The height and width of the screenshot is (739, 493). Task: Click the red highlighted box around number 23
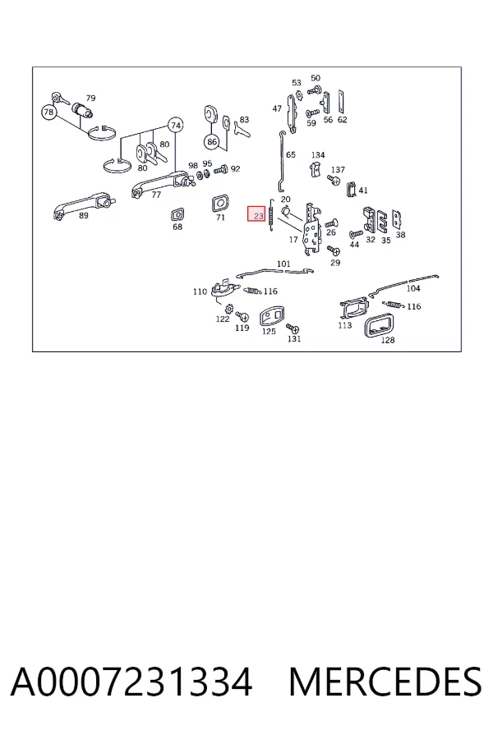(x=256, y=214)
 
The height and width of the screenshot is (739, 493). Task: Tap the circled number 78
(x=49, y=112)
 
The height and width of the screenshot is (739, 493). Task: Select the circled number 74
(x=176, y=126)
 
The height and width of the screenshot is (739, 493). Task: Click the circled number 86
(x=212, y=141)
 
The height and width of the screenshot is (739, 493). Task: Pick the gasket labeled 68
(x=177, y=214)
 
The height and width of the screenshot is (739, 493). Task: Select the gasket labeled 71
(x=220, y=203)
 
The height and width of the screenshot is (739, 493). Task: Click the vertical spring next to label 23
(x=271, y=215)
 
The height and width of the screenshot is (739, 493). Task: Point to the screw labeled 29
(x=334, y=250)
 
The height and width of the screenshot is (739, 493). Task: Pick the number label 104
(x=412, y=288)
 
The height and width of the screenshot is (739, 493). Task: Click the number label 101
(x=283, y=264)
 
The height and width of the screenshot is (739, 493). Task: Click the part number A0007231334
(x=131, y=682)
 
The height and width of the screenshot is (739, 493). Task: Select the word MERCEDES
(x=385, y=682)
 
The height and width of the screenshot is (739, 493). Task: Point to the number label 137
(x=338, y=170)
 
